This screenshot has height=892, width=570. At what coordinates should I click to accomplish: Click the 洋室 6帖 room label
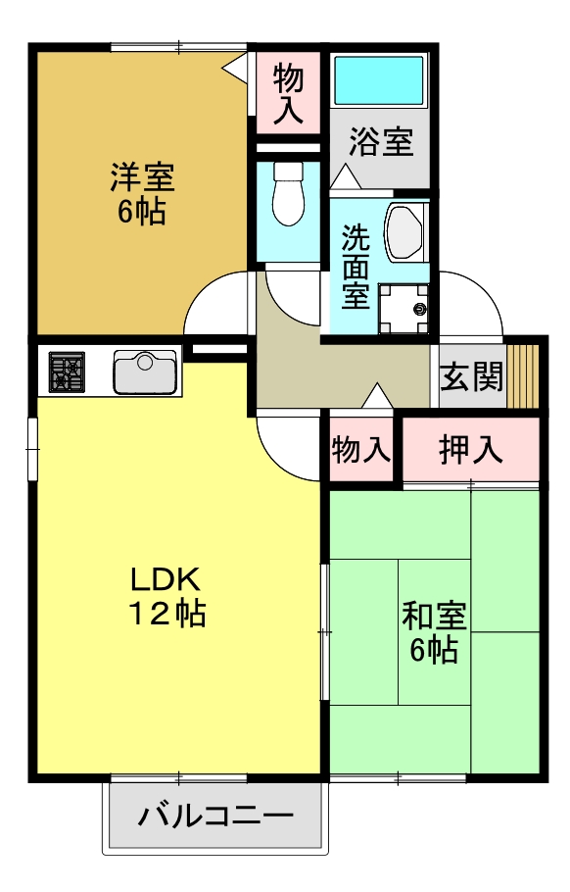click(x=141, y=193)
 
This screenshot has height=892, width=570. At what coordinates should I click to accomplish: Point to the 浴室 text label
click(x=381, y=143)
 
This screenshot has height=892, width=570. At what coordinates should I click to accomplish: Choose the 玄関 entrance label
click(x=471, y=376)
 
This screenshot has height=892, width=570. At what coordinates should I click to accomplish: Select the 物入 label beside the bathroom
click(x=288, y=93)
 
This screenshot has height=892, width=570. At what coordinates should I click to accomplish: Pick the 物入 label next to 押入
click(x=361, y=450)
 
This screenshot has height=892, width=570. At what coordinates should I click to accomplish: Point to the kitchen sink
click(x=145, y=372)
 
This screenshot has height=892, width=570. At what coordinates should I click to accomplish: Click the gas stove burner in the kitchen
click(x=68, y=372)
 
